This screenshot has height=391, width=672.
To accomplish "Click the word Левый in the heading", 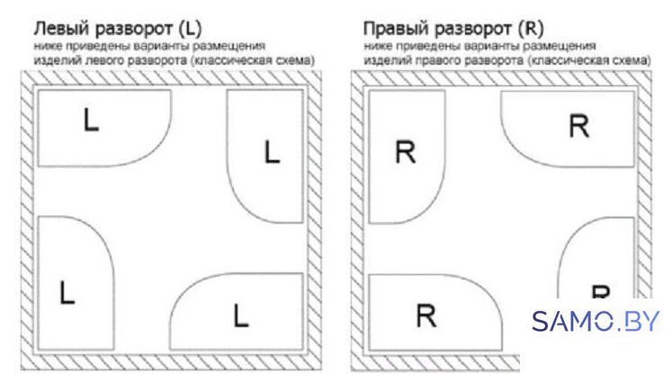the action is point(62,29).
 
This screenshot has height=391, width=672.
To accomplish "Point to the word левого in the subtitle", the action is point(102,60).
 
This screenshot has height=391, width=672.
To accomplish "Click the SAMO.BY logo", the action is point(596,321).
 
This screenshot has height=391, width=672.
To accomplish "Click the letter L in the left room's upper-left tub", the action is point(91,120).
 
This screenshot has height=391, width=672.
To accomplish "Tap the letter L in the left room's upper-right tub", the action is point(273,152).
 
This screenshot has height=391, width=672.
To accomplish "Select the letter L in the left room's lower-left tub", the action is point(67,292).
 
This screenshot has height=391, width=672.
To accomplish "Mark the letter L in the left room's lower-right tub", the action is point(241,315).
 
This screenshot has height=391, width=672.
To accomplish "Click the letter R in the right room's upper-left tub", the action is point(405,153).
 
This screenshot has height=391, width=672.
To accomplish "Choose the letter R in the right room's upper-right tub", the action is point(579,126).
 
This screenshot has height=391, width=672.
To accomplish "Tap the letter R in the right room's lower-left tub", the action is point(426,315).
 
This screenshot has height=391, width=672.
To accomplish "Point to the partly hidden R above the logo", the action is point(600,291).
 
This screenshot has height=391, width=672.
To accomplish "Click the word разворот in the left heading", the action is point(133,30).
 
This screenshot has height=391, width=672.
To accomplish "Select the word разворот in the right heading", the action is point(473,30).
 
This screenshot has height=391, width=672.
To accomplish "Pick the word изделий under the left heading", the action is point(58,60).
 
